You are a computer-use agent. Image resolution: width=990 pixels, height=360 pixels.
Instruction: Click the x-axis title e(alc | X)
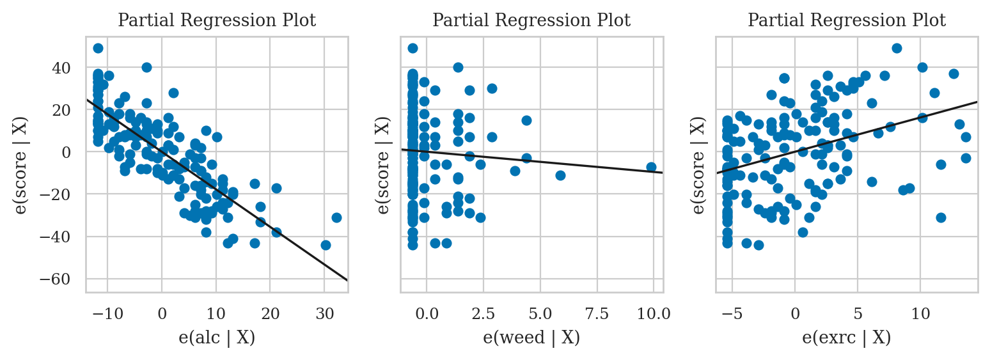217,338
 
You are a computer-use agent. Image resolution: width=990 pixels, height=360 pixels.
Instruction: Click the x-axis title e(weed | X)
531,338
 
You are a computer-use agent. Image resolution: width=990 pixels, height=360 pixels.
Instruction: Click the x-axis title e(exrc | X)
846,338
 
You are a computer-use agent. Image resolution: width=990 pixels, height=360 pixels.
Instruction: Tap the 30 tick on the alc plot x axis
324,314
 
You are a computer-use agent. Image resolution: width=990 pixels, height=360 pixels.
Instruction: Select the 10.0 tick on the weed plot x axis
654,314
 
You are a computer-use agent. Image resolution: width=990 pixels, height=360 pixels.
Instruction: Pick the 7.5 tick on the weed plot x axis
597,314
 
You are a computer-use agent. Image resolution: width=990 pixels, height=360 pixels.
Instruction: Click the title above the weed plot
531,20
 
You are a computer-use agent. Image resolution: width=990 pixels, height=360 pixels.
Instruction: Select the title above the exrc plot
846,20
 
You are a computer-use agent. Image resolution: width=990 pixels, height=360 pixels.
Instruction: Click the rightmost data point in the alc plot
336,217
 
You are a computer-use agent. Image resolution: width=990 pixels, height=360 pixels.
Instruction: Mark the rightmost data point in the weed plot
651,167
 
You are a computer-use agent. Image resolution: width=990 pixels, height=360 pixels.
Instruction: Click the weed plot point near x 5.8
560,175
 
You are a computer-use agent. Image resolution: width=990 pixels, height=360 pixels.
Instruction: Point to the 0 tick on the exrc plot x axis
795,314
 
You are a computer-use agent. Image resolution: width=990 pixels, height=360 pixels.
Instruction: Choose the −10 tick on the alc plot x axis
107,314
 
